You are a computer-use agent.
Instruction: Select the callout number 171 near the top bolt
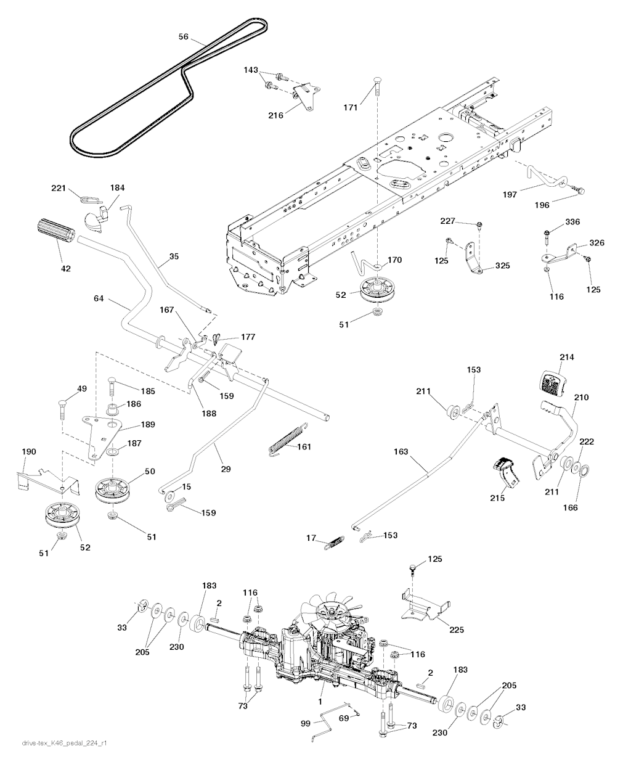click(350, 109)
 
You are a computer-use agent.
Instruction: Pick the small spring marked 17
click(333, 541)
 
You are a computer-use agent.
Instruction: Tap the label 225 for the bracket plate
click(457, 630)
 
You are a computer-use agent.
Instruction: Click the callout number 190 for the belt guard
click(29, 452)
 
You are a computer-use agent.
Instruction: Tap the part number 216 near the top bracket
click(276, 115)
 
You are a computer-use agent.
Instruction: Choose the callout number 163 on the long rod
click(401, 452)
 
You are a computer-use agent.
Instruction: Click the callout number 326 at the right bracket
click(597, 243)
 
